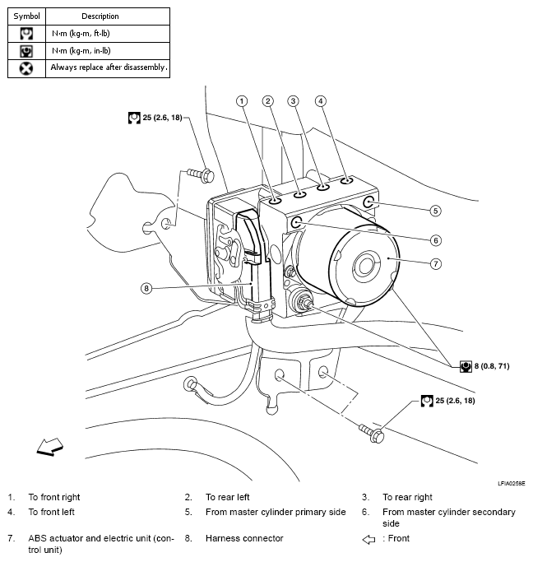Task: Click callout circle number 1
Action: tap(241, 101)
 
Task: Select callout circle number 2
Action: tap(268, 101)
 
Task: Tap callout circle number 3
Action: tap(293, 101)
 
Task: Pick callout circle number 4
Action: tap(321, 101)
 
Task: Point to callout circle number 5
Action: tap(435, 211)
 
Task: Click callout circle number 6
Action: tap(435, 240)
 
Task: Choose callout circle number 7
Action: tap(435, 264)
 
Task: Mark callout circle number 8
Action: tap(146, 288)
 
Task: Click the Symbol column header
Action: tap(26, 16)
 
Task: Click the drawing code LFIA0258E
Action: tap(511, 484)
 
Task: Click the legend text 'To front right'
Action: tap(54, 497)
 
